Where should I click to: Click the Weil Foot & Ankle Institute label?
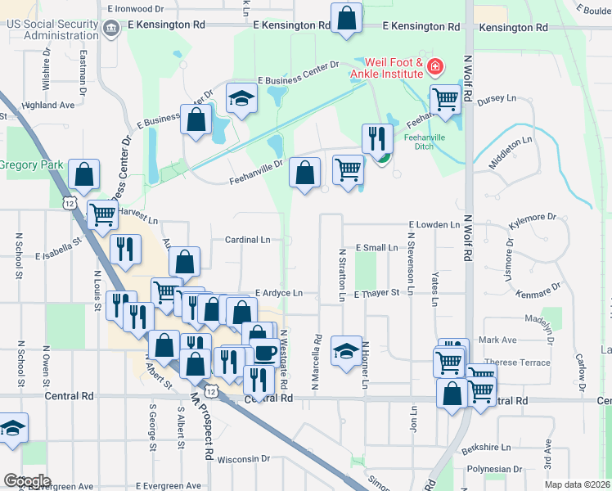coord(386,69)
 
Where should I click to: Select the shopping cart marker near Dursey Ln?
coord(445,100)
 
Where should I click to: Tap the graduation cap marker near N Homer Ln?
coord(346,350)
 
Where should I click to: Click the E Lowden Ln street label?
coord(435,224)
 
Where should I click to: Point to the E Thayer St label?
coord(376,292)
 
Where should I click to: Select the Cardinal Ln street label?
coord(247,240)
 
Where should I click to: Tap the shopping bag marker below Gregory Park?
coord(83,174)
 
